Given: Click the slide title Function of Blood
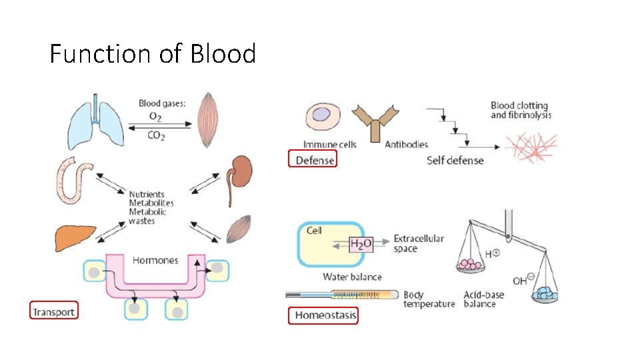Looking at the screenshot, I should pyautogui.click(x=153, y=53).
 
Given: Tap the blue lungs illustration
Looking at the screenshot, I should pyautogui.click(x=97, y=122).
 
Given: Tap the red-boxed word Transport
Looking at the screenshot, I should pyautogui.click(x=53, y=311).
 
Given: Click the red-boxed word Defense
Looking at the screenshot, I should pyautogui.click(x=311, y=159).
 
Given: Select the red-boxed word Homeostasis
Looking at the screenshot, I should pyautogui.click(x=323, y=315).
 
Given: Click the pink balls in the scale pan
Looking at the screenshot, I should pyautogui.click(x=471, y=265).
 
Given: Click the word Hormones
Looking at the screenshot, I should pyautogui.click(x=155, y=260).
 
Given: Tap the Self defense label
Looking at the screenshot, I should pyautogui.click(x=455, y=161).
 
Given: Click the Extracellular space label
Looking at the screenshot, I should pyautogui.click(x=418, y=243).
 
